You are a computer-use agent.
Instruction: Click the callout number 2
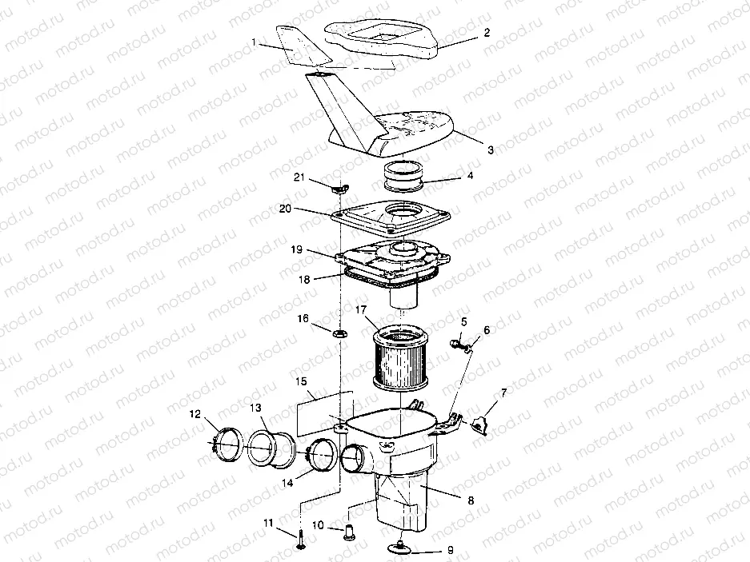[487, 33]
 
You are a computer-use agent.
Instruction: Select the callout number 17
[361, 311]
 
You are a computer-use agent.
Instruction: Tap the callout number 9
[450, 550]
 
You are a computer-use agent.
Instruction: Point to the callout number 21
[299, 177]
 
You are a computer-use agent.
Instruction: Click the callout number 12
[195, 414]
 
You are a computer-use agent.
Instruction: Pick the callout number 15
[301, 382]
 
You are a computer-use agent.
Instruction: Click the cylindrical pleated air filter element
[399, 356]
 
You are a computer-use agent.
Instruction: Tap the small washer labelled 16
[340, 333]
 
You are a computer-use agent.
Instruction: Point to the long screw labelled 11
[300, 538]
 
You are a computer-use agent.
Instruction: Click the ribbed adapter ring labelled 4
[405, 176]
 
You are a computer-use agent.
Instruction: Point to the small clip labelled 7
[479, 424]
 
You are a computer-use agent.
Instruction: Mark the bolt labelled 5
[457, 343]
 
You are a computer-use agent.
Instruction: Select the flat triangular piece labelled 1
[303, 46]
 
